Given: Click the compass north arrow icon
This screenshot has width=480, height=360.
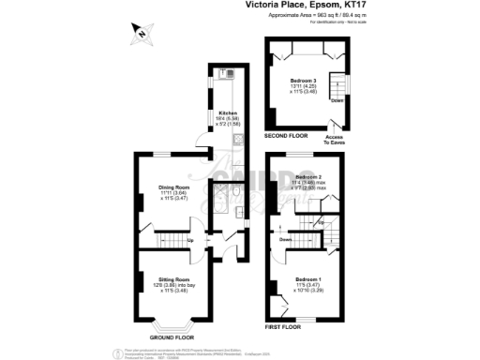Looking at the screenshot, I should point(140,35).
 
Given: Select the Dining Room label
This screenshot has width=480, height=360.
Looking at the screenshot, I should point(174,187).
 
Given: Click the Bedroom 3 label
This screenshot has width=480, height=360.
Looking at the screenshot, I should point(303,81).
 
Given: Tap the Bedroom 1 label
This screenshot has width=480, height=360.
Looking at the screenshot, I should point(308,279).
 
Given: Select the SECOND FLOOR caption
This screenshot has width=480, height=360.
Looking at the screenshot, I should point(285,137).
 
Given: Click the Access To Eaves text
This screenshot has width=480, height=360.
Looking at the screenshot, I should point(334,140).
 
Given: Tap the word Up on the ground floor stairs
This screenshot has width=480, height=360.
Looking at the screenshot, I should point(191,240).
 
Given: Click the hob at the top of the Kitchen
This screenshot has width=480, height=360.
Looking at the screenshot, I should point(228,73).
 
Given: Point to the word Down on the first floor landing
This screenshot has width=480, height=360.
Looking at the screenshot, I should point(286,238).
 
